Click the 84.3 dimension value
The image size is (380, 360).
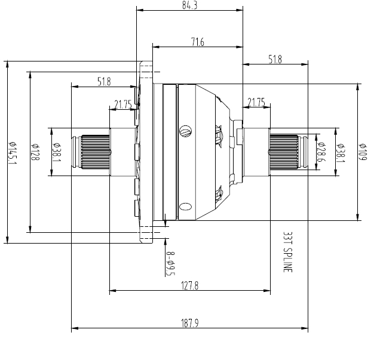[190, 5]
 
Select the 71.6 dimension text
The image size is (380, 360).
[198, 42]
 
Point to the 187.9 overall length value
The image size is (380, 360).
[190, 323]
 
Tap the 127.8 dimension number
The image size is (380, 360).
[189, 286]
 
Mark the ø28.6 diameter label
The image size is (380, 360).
[321, 152]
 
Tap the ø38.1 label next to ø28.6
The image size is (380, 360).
[340, 152]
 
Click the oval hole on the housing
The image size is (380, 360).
[185, 207]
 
